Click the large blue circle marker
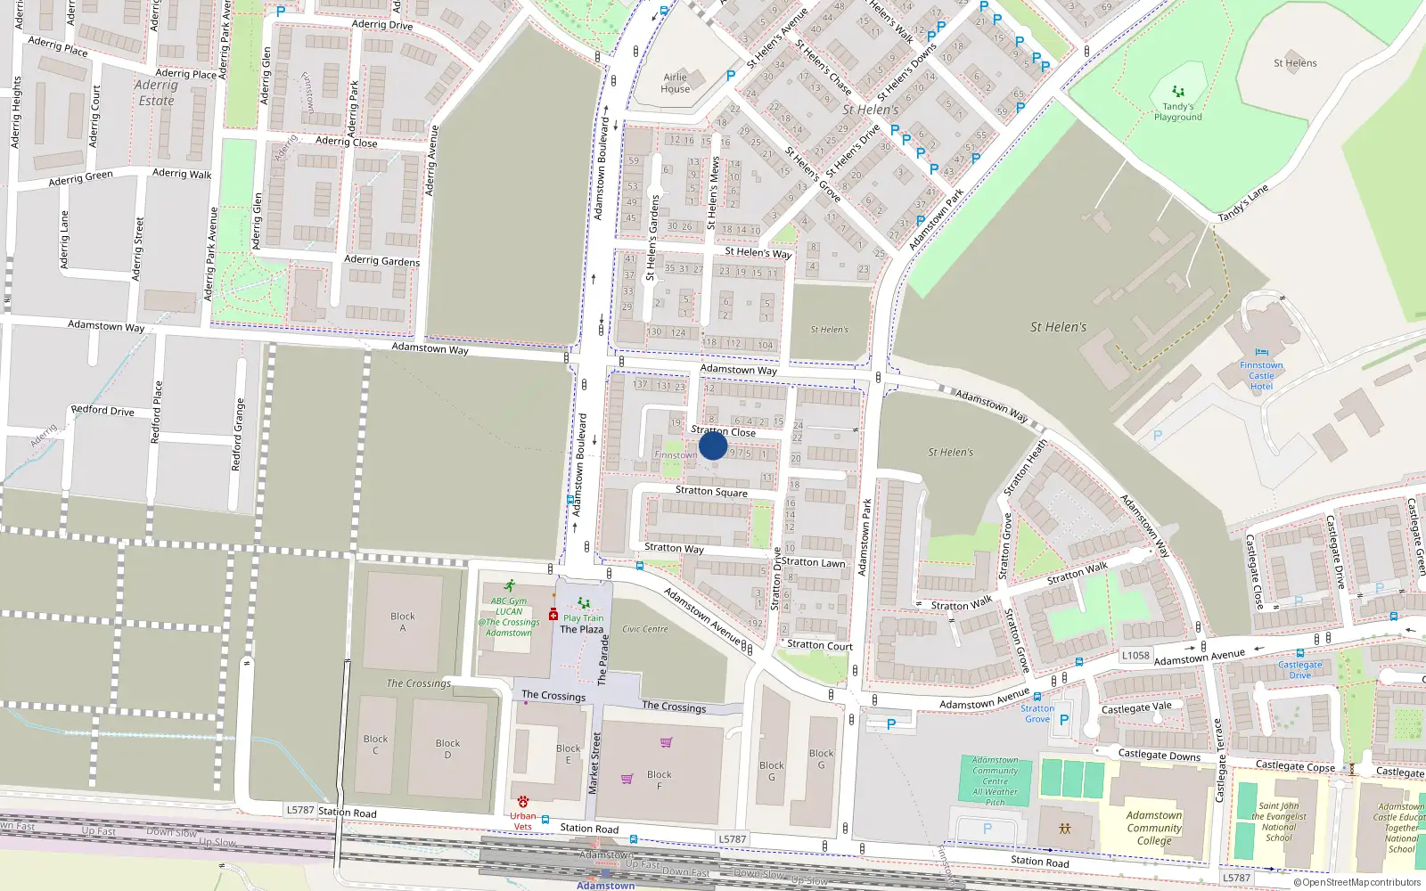point(713,445)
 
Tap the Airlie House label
point(675,83)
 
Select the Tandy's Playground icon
point(1178,92)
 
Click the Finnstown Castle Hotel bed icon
point(1261,353)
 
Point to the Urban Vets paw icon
point(523,803)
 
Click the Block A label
point(403,622)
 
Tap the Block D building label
point(447,749)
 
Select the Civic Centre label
point(644,629)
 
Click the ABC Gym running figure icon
point(510,586)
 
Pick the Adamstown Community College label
point(1154,828)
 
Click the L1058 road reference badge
point(1135,656)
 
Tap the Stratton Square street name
point(711,491)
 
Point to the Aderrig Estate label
point(157,93)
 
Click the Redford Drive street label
point(102,411)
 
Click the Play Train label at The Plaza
point(583,617)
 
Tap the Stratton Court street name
point(820,646)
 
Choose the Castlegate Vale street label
point(1136,708)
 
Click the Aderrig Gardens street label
point(381,260)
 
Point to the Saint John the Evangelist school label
point(1279,822)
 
